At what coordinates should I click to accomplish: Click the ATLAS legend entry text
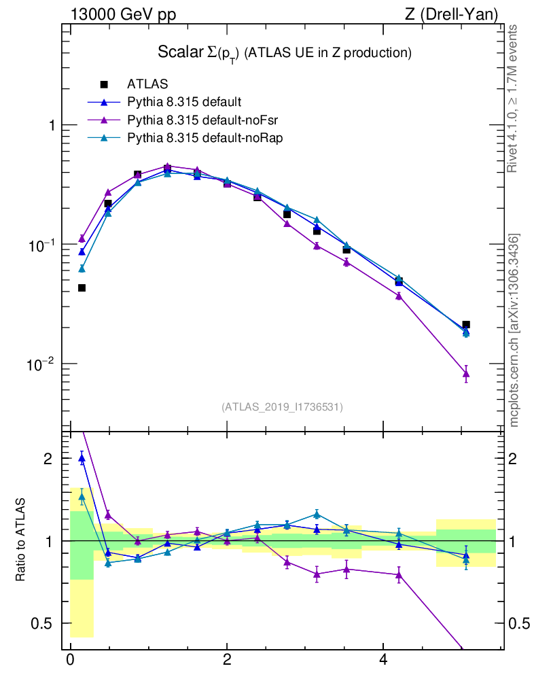click(x=147, y=85)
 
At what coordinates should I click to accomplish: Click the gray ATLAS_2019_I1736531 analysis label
click(x=282, y=407)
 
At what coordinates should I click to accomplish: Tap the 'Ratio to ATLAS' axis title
click(x=22, y=540)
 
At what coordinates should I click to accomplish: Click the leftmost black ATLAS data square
click(x=82, y=288)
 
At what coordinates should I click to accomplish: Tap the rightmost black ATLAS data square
click(x=465, y=325)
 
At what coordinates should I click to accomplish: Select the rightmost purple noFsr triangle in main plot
click(x=466, y=373)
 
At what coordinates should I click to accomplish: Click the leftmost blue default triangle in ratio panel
click(x=82, y=459)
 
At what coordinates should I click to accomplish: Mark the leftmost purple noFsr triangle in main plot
click(x=82, y=238)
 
